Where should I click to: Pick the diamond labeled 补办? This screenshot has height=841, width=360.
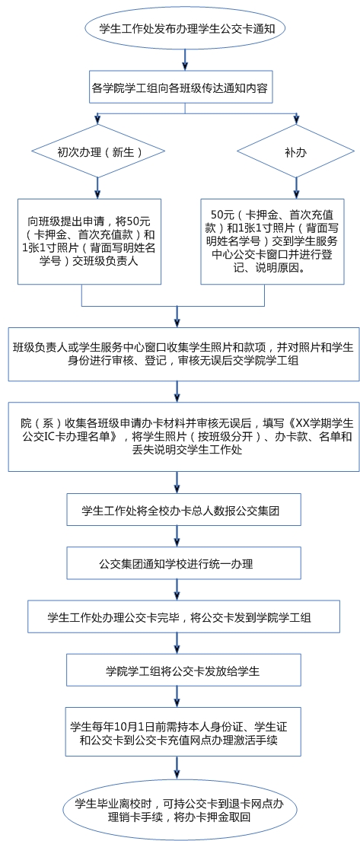point(295,151)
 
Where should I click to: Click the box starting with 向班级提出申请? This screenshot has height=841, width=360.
point(89,241)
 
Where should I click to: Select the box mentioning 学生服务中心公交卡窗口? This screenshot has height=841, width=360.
point(272,241)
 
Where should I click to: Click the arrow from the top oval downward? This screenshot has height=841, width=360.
point(185,59)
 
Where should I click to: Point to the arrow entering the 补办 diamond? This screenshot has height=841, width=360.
point(295,119)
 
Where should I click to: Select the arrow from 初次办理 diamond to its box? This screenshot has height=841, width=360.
point(97,188)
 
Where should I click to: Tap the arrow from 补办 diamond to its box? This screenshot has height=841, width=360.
point(295,188)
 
